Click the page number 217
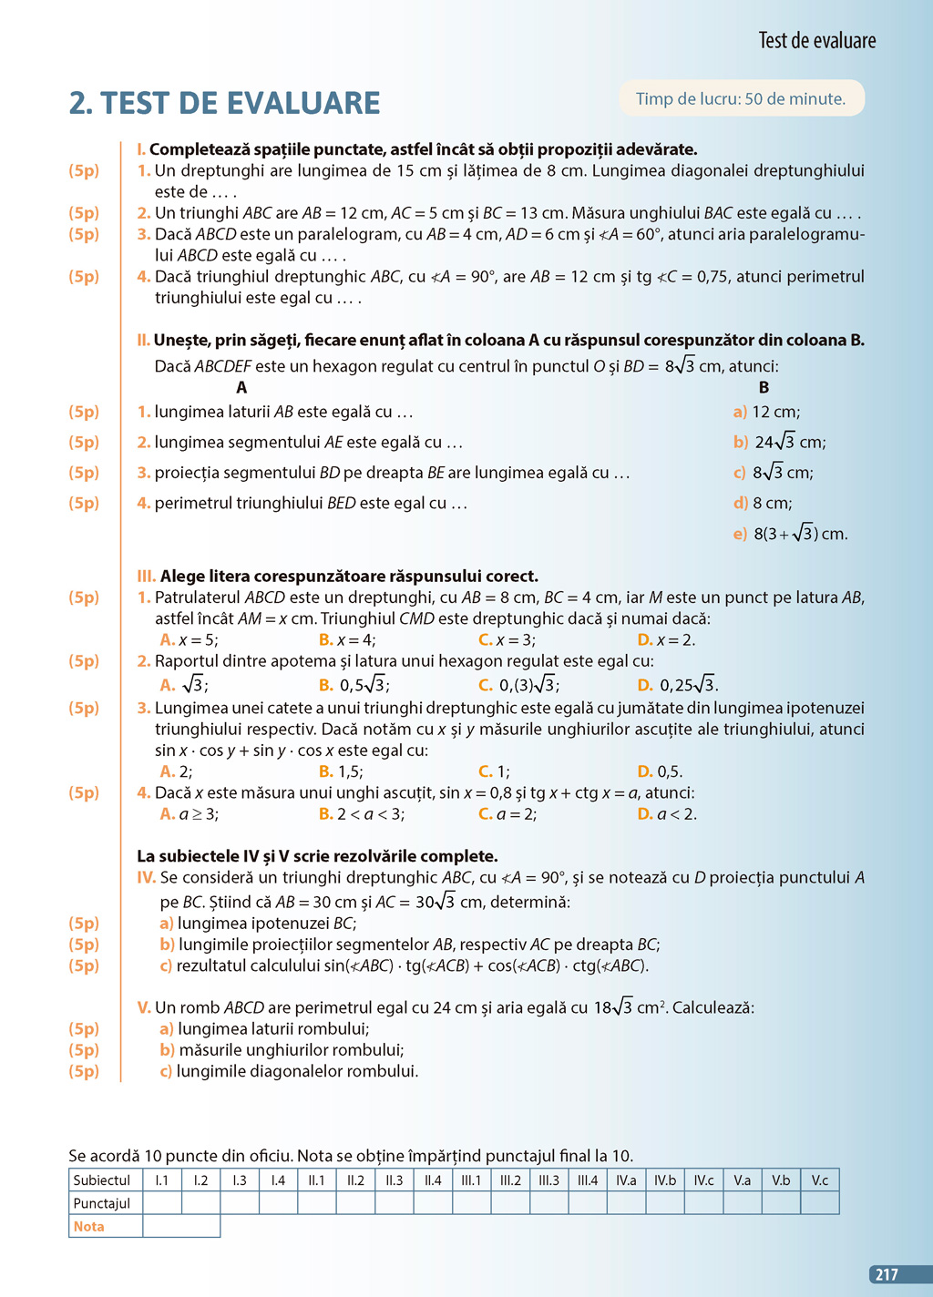[887, 1275]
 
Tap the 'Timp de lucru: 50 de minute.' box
[741, 99]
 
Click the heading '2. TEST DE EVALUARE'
[225, 103]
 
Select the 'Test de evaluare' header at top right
[816, 41]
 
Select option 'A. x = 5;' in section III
[190, 640]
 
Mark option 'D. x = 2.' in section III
[666, 640]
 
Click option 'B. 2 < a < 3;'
[362, 814]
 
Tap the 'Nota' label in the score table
[89, 1227]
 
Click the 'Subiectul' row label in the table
[102, 1180]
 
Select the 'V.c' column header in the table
[819, 1180]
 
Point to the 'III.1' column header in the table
[471, 1180]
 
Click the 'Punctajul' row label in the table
[102, 1203]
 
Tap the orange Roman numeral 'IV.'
[147, 878]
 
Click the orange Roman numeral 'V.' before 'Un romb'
[144, 1008]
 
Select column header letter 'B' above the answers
[764, 388]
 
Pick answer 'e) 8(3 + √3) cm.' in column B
[790, 535]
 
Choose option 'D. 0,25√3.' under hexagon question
[677, 685]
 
